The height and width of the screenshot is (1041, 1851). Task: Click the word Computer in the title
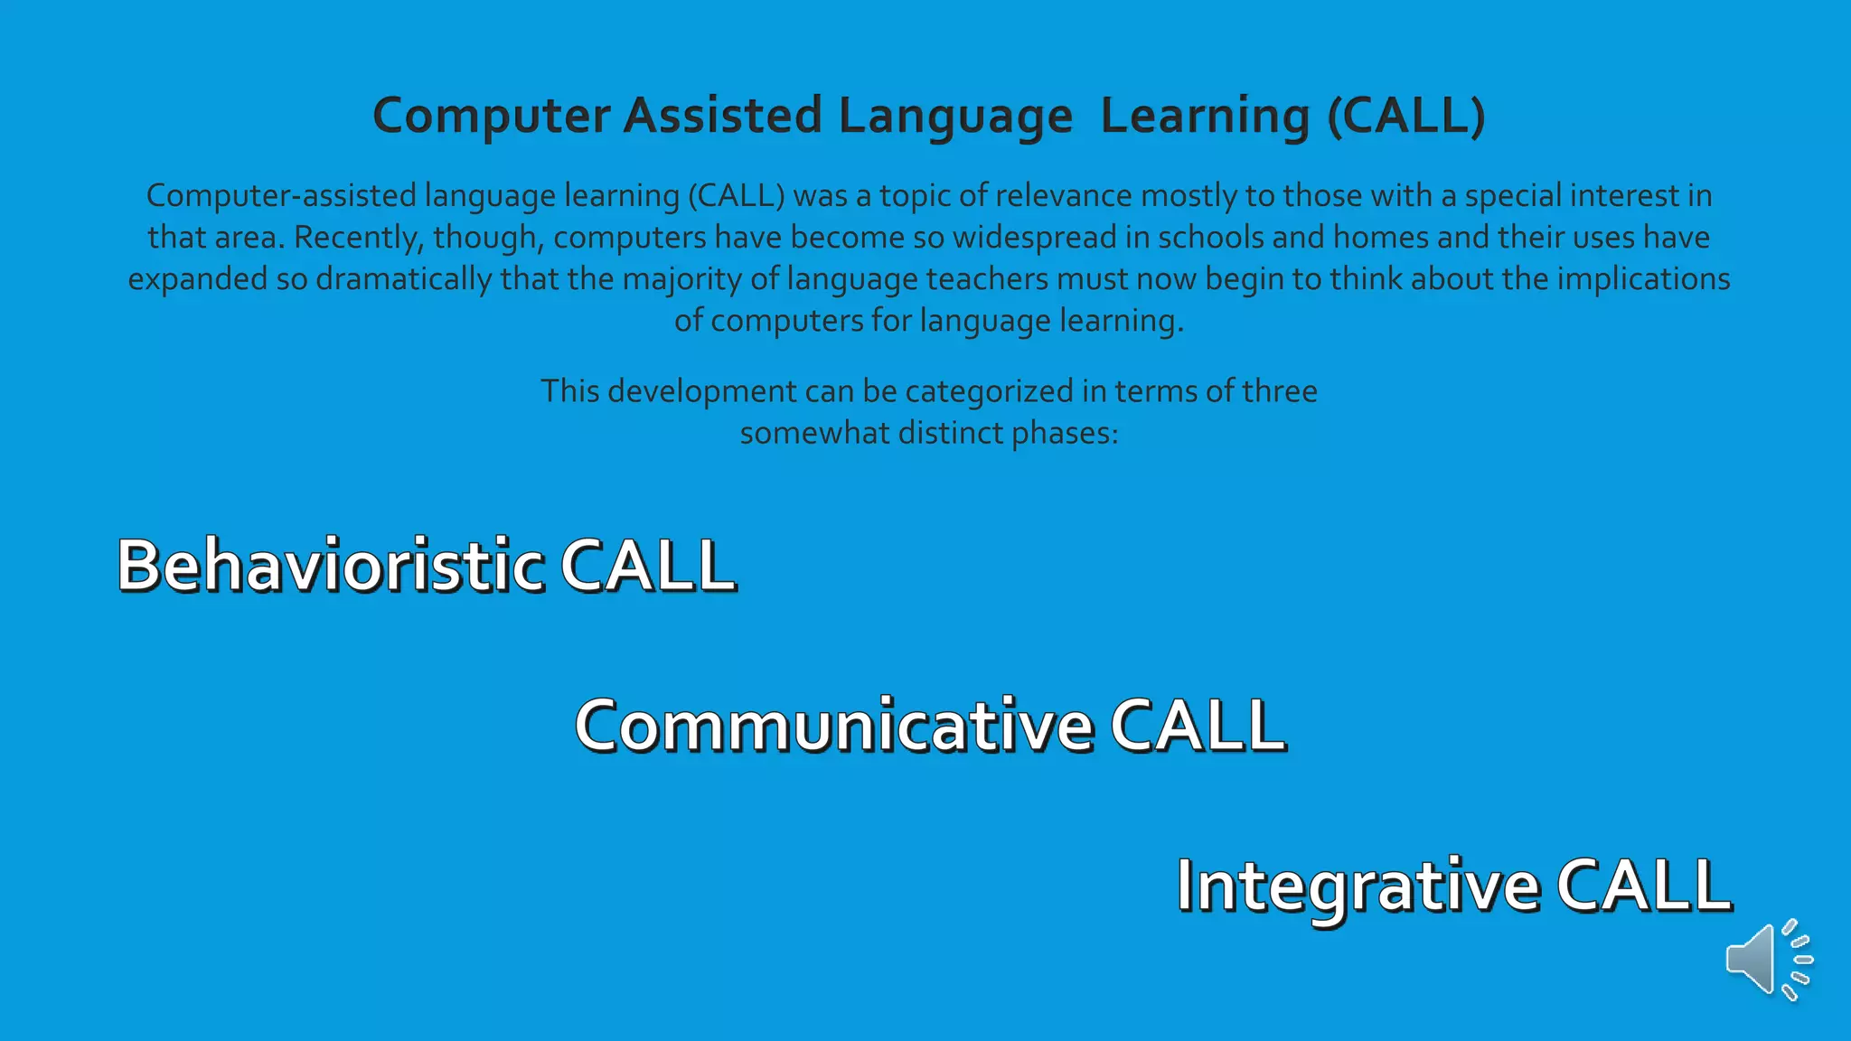pyautogui.click(x=492, y=117)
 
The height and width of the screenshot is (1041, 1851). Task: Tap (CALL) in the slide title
pyautogui.click(x=1405, y=117)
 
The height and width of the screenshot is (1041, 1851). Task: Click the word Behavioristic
pyautogui.click(x=331, y=566)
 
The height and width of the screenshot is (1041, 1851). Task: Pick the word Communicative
pyautogui.click(x=834, y=726)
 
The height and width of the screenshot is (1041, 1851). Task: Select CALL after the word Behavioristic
pyautogui.click(x=647, y=566)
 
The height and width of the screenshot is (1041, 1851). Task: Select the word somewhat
pyautogui.click(x=814, y=434)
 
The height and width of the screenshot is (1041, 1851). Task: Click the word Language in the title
pyautogui.click(x=955, y=117)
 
